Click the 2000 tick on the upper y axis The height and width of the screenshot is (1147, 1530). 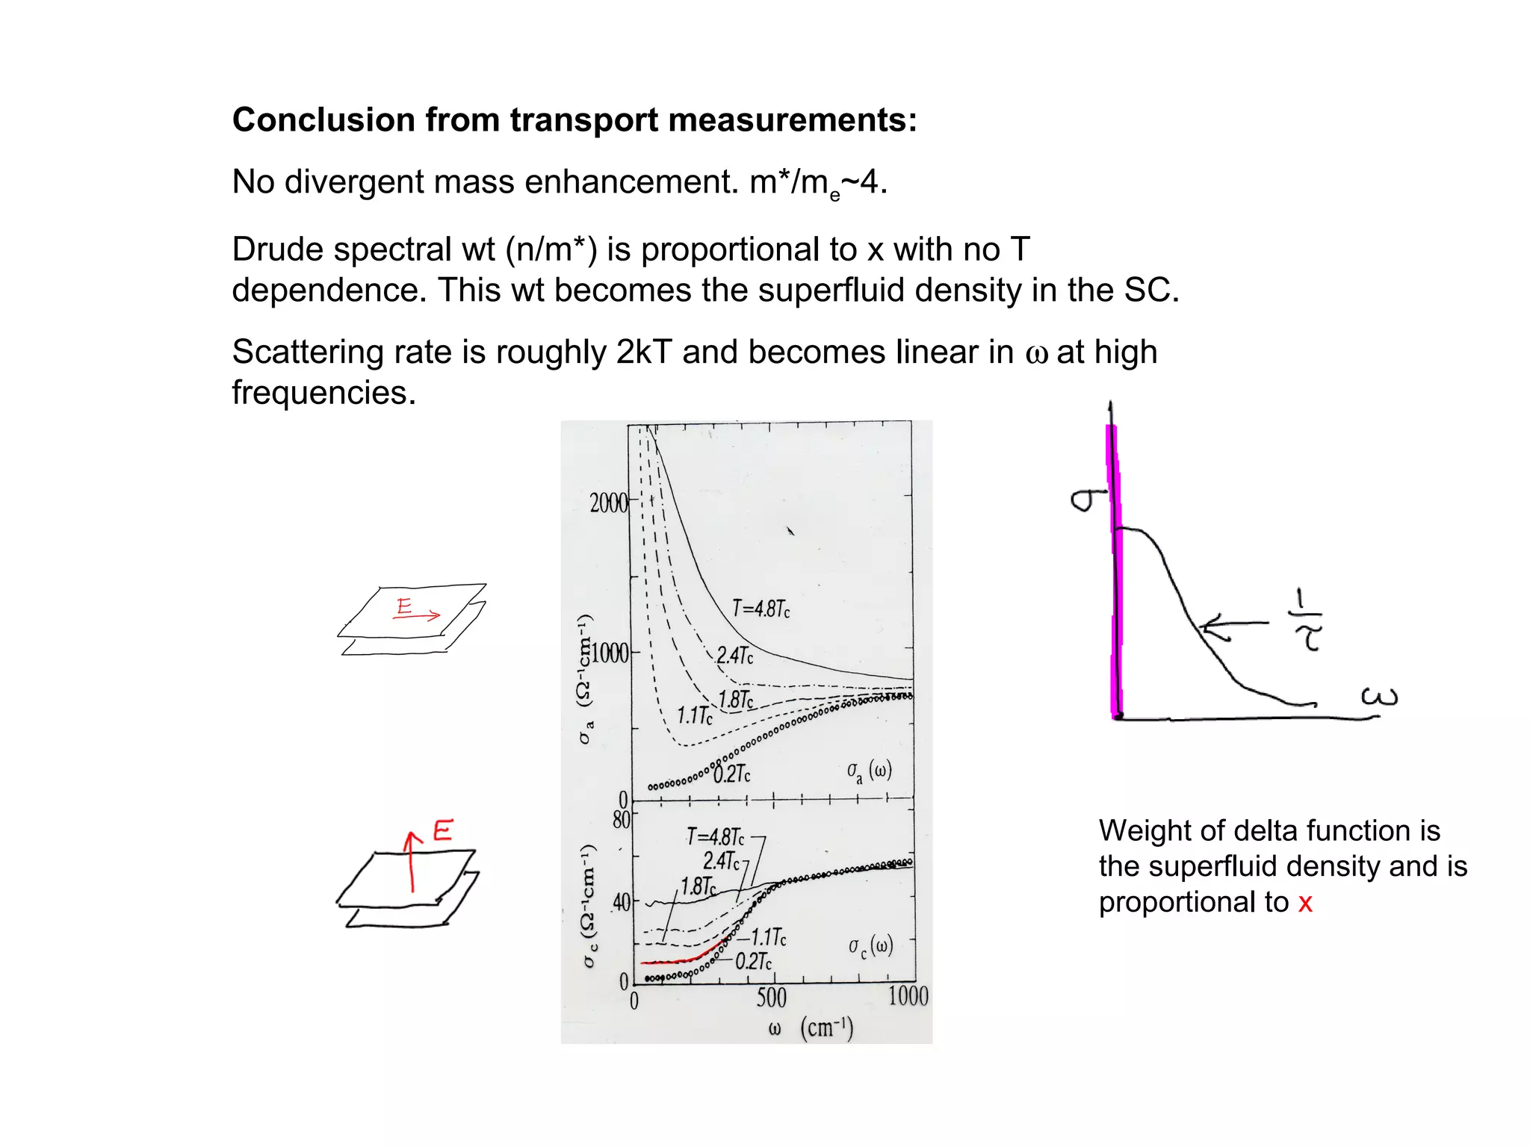click(x=609, y=503)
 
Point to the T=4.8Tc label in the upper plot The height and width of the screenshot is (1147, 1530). click(x=761, y=609)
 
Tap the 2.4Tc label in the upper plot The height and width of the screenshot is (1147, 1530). click(x=735, y=656)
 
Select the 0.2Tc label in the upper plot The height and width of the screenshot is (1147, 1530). click(x=732, y=774)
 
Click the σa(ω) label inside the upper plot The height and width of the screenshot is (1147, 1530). click(x=869, y=772)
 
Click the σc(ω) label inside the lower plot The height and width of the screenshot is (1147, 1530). click(x=870, y=947)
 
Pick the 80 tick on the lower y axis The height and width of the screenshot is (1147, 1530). click(x=622, y=820)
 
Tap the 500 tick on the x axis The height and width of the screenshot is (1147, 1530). click(x=772, y=998)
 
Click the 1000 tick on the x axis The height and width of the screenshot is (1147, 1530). click(x=908, y=997)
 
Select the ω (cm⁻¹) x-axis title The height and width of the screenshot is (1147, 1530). click(x=811, y=1028)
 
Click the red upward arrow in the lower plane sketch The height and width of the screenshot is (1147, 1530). click(x=412, y=862)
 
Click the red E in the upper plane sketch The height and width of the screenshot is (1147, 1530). click(x=404, y=606)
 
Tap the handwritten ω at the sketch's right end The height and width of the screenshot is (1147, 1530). click(x=1378, y=697)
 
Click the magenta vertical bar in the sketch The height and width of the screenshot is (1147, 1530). click(x=1114, y=568)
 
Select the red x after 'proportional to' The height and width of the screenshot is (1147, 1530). click(x=1305, y=903)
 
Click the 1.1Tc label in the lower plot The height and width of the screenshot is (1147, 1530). click(x=768, y=937)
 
